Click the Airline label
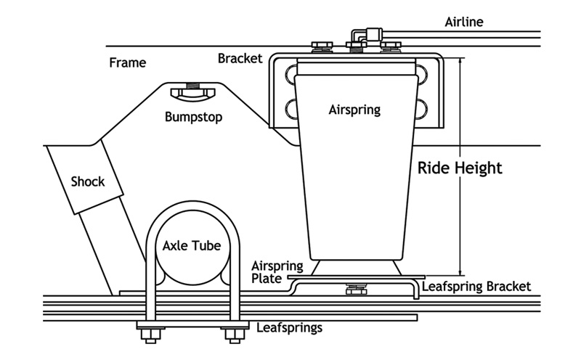(x=463, y=22)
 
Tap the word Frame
(x=127, y=62)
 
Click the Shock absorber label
(x=87, y=181)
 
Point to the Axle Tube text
(x=191, y=245)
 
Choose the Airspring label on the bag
(x=354, y=110)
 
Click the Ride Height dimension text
(x=460, y=168)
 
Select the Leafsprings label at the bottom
(x=290, y=327)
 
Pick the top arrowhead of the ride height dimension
(x=460, y=62)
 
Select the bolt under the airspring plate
(x=356, y=290)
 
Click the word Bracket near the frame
(x=240, y=58)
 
